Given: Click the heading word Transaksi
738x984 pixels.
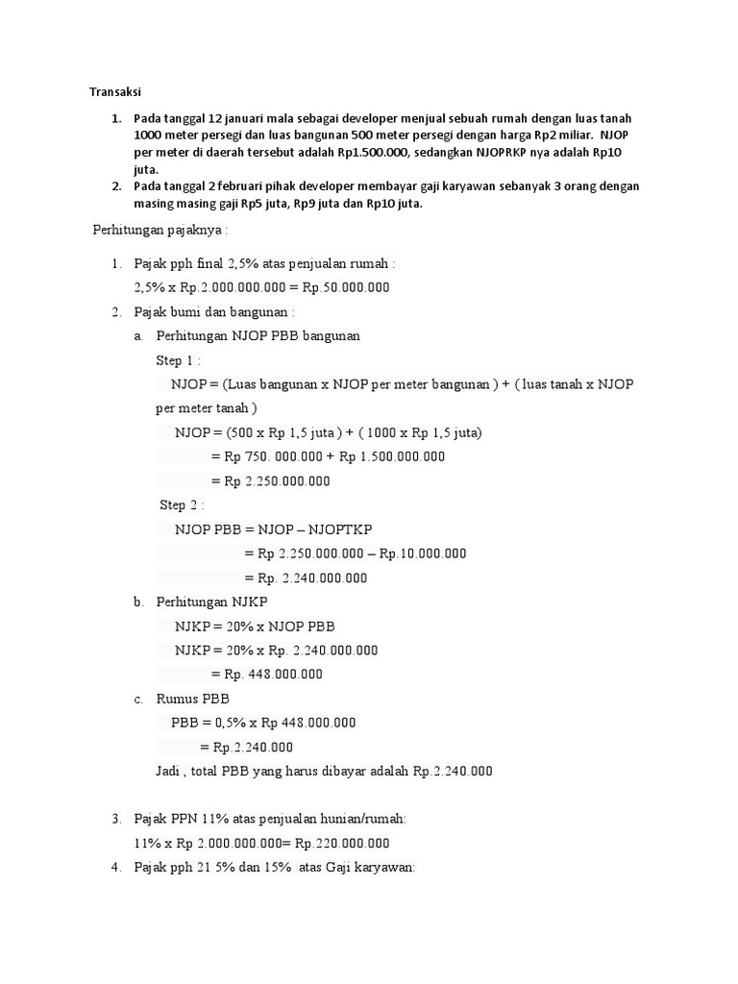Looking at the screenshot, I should [x=115, y=92].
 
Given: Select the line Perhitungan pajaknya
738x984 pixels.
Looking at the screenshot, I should [x=160, y=231].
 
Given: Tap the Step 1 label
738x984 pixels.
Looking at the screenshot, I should [x=178, y=360].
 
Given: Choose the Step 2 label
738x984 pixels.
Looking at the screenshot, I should [x=182, y=504].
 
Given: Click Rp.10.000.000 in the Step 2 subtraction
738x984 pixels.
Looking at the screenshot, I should [x=423, y=553].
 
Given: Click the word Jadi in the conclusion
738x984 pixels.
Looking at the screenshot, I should [x=168, y=771].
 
